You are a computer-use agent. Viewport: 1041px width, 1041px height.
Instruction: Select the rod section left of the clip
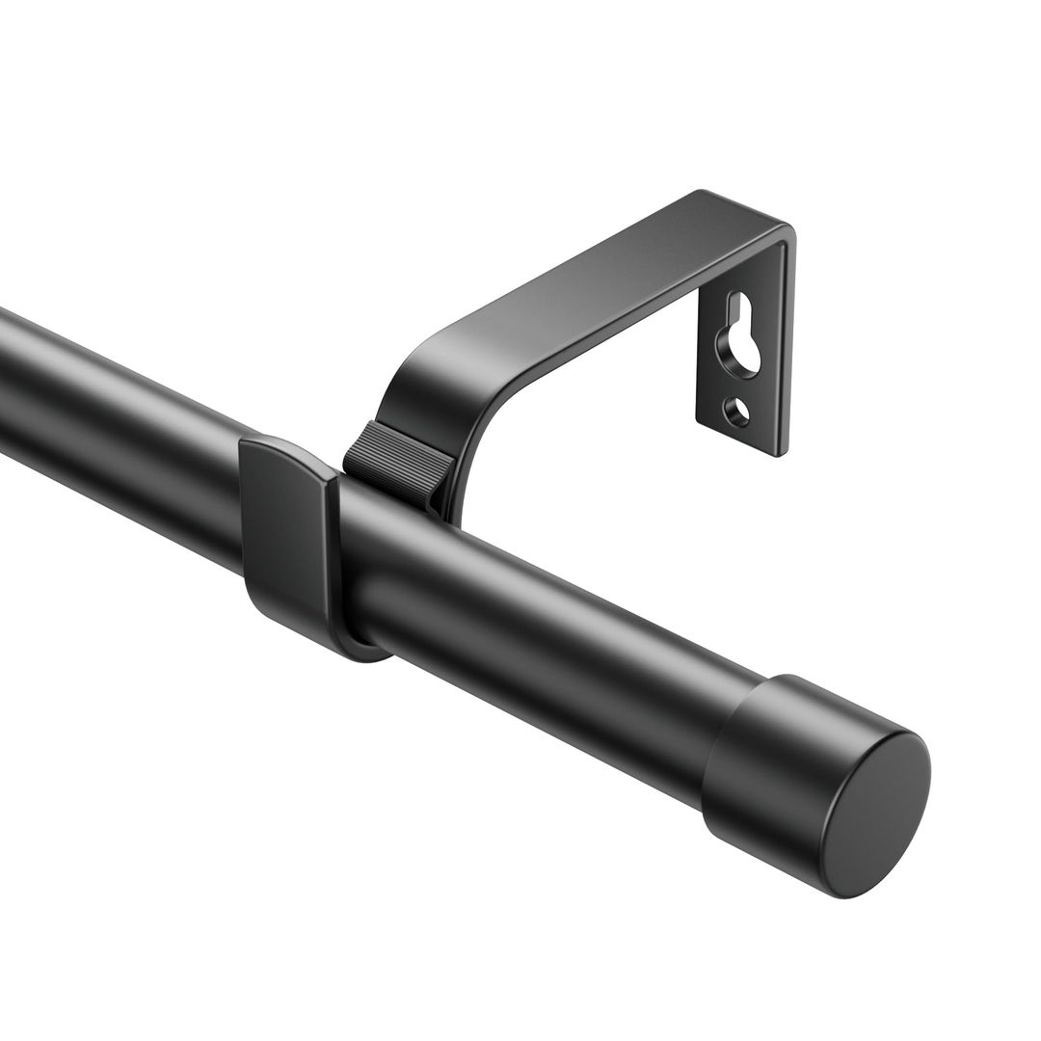pos(116,414)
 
